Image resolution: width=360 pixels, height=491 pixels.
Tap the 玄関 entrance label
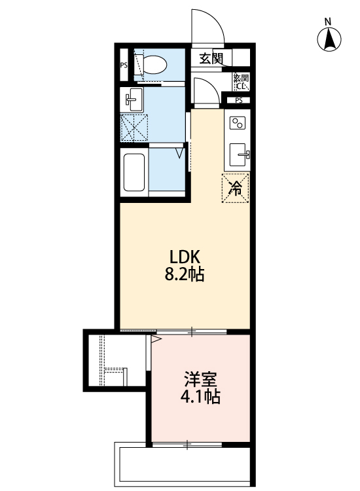[211, 59]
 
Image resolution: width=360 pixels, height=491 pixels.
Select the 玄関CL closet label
[241, 82]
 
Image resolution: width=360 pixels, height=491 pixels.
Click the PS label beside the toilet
[123, 65]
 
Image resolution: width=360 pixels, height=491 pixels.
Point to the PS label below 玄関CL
[238, 100]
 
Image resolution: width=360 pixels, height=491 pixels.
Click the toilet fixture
[155, 64]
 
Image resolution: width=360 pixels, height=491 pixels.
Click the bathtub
[135, 172]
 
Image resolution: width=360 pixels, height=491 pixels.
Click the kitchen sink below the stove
[239, 155]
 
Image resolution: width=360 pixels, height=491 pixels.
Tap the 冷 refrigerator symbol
[236, 189]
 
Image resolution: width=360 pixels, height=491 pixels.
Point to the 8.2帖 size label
[184, 274]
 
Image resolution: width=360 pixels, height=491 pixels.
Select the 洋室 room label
[200, 379]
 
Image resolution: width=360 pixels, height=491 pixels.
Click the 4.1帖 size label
[200, 397]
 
